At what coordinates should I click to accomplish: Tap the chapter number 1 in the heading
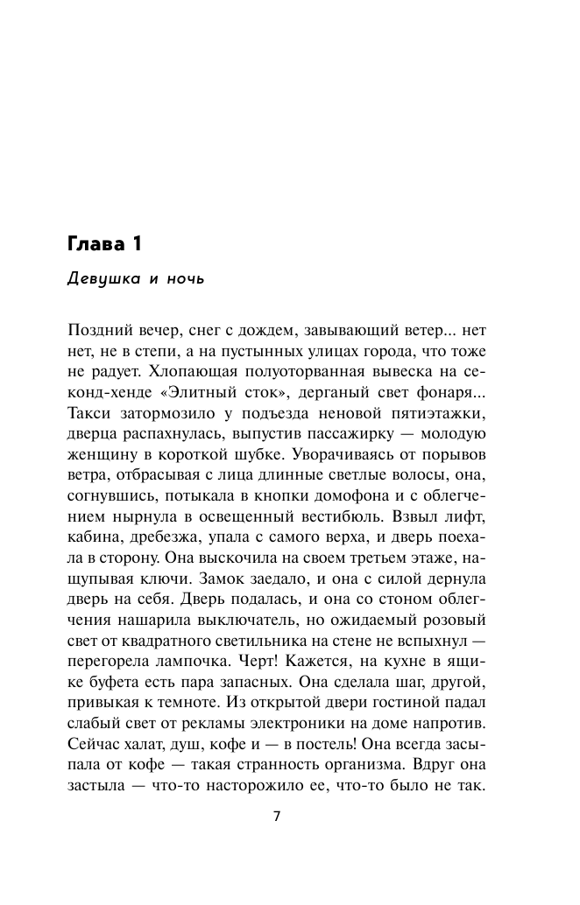[x=138, y=244]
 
